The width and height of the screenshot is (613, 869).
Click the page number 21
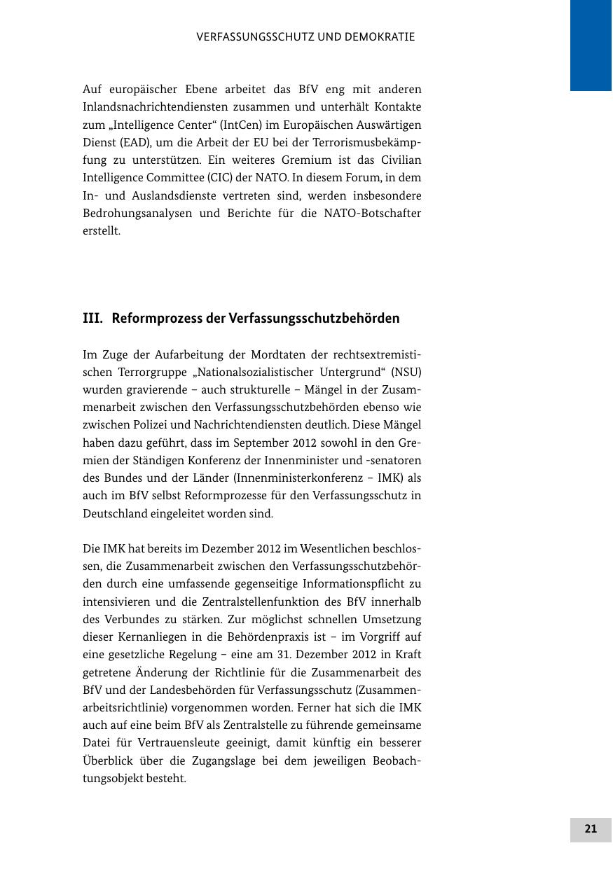(591, 829)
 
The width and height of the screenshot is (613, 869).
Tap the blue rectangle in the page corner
(591, 46)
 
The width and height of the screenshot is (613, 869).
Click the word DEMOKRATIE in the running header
(380, 37)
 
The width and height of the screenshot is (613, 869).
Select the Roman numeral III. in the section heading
(92, 319)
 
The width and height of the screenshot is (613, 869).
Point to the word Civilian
(401, 160)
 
